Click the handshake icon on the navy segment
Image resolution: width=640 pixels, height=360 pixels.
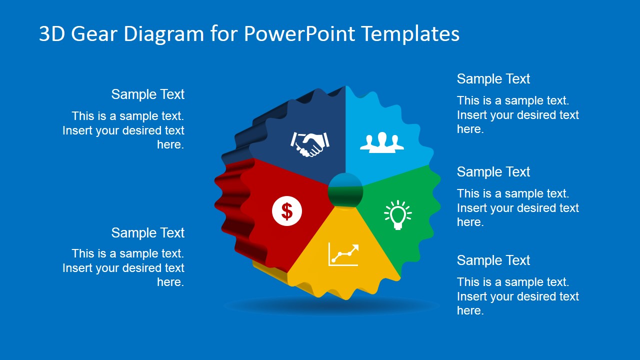click(309, 144)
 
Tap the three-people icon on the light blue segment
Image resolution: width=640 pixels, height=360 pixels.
click(382, 141)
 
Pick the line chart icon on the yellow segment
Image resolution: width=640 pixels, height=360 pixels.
click(343, 254)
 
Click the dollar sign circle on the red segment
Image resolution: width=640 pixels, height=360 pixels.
click(287, 211)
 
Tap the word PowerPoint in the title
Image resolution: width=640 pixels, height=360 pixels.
click(299, 34)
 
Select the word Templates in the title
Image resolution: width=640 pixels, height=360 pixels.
click(410, 34)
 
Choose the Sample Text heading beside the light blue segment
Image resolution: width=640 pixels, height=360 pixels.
click(493, 79)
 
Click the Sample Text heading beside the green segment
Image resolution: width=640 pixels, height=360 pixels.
click(493, 172)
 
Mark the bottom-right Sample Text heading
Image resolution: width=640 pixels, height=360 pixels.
click(493, 260)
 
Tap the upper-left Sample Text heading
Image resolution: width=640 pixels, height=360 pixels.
click(147, 94)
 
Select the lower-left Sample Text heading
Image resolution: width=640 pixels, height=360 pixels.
click(147, 233)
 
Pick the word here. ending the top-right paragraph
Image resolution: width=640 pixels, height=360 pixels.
click(470, 129)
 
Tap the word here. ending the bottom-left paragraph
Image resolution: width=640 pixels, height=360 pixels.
click(170, 282)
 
